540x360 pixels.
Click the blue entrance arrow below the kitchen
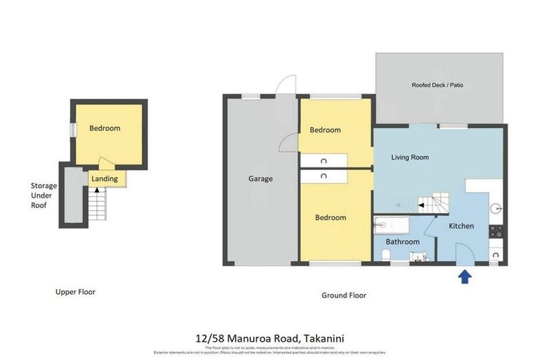tap(465, 276)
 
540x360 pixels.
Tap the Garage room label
tap(260, 179)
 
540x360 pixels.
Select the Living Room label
tap(410, 157)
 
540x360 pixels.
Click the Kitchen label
tap(461, 226)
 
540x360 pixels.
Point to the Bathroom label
tap(402, 242)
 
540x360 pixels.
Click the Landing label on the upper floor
tap(105, 179)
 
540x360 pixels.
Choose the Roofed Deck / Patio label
tap(437, 85)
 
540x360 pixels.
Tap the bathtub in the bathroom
tap(392, 226)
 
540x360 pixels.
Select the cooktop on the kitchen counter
tap(495, 230)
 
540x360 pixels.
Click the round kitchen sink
tap(495, 208)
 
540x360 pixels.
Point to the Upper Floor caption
tap(75, 292)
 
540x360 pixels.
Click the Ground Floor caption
tap(344, 295)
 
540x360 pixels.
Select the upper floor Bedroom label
tap(105, 129)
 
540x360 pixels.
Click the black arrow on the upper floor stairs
tap(97, 190)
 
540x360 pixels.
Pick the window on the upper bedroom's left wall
tap(72, 130)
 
